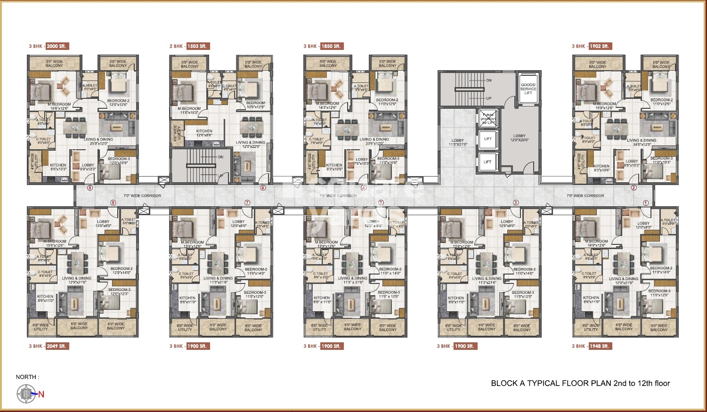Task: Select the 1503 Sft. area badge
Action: point(197,46)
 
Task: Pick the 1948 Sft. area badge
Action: point(599,346)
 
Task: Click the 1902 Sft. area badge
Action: point(599,46)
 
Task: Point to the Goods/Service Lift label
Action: point(528,89)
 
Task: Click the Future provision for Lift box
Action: point(488,119)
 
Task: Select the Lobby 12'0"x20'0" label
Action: point(520,138)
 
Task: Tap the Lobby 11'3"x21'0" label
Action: point(457,142)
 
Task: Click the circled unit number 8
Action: point(90,188)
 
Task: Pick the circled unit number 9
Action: point(113,202)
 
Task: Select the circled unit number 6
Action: point(263,188)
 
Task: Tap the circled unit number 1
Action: point(646,202)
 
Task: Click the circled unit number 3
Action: point(516,202)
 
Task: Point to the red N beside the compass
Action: point(41,395)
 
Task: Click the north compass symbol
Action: point(26,394)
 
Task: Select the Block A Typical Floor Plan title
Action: point(580,383)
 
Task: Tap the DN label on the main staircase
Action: point(488,81)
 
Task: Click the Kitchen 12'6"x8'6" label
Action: point(204,133)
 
